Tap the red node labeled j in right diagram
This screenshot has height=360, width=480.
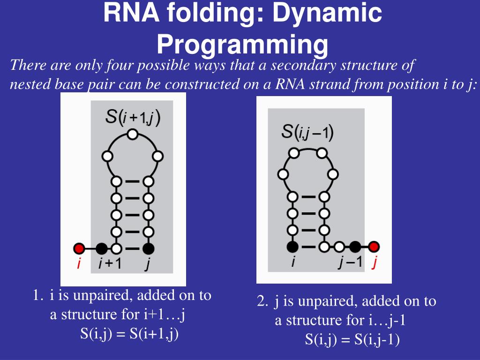[374, 246]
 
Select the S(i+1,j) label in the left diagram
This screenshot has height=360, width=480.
[133, 117]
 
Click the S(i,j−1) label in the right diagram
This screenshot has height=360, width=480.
[307, 132]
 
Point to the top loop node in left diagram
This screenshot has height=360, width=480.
[133, 135]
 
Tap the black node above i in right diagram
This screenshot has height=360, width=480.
[293, 246]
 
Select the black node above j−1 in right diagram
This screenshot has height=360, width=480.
[355, 246]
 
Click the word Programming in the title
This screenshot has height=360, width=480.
[242, 45]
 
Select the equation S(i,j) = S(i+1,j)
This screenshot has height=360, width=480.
[129, 334]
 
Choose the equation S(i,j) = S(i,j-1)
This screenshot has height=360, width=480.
[352, 339]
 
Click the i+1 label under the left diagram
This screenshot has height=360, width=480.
[110, 264]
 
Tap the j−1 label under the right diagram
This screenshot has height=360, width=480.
[350, 262]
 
